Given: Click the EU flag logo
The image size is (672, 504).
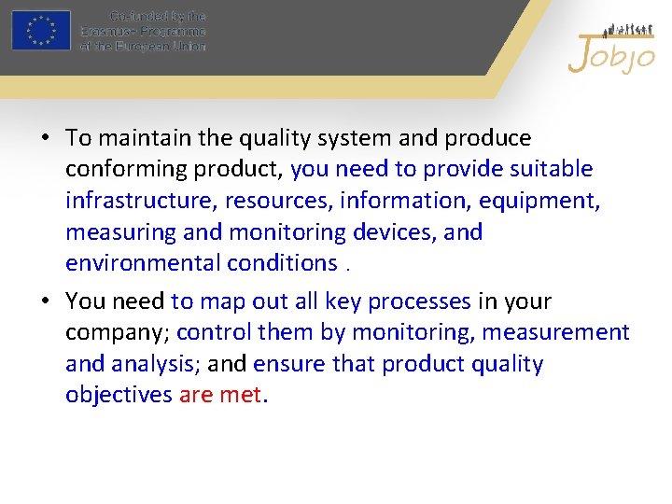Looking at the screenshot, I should coord(41,30).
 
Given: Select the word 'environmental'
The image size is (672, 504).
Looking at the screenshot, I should coord(143,262).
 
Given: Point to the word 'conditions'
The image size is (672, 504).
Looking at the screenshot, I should coord(282,262).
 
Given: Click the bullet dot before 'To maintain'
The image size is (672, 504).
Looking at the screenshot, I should coord(45,139).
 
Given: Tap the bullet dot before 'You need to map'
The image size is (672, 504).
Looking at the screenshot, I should coord(45,302).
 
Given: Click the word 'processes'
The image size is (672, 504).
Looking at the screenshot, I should coord(419,301).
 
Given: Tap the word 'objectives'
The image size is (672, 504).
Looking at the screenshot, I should coord(119,395).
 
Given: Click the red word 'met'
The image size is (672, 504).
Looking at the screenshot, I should coord(241,395).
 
